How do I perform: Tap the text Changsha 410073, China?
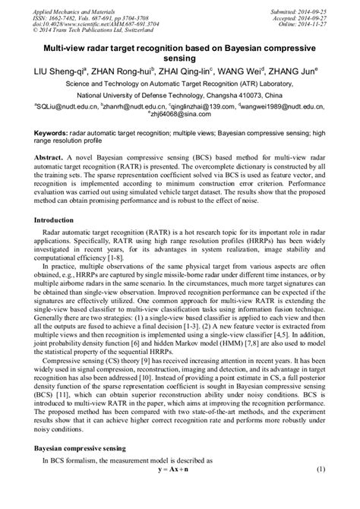click(x=254, y=96)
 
